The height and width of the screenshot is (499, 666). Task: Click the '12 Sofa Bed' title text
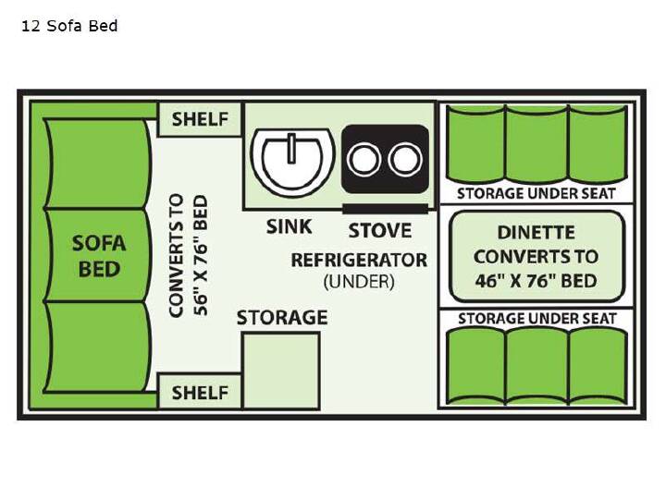69,26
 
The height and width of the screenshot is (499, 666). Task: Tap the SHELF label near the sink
200,119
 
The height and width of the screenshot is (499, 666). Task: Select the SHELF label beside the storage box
200,393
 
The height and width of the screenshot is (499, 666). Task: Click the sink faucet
291,148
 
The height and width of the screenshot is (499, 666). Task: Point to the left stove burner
364,160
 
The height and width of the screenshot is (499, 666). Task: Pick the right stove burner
405,160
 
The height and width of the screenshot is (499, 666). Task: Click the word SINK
290,226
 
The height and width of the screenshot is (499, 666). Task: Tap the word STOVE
380,231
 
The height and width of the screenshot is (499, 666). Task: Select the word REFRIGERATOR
359,260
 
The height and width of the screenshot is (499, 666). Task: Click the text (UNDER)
359,282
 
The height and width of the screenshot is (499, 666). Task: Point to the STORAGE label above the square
282,318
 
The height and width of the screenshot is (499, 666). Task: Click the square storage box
281,371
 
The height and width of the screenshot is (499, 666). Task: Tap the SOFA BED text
99,256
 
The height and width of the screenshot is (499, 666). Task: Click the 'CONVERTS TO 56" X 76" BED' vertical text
189,255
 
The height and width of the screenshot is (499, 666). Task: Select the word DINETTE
536,233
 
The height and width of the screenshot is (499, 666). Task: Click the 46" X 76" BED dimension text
536,281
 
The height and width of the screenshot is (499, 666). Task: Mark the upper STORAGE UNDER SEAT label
536,194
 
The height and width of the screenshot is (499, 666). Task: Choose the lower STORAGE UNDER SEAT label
537,319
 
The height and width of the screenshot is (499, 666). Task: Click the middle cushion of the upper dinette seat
536,145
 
